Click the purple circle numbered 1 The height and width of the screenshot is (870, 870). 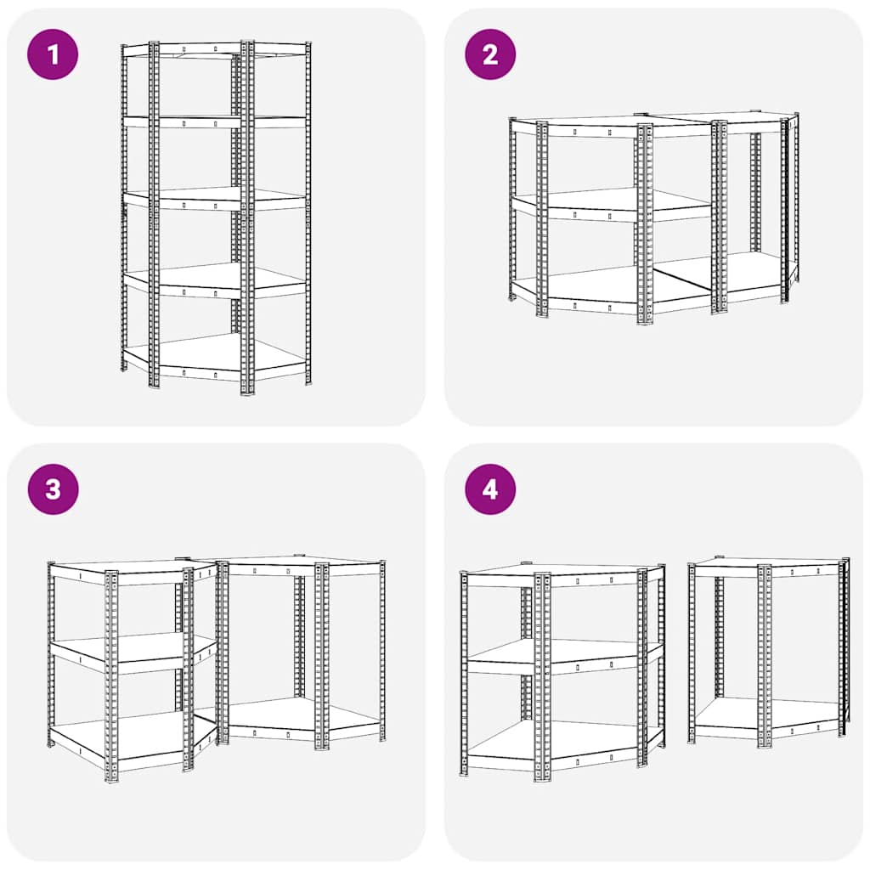[53, 54]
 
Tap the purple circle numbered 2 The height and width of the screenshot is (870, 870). [490, 54]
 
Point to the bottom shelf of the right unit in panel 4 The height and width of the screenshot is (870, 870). [765, 715]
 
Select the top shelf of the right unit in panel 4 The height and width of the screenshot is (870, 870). [765, 563]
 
